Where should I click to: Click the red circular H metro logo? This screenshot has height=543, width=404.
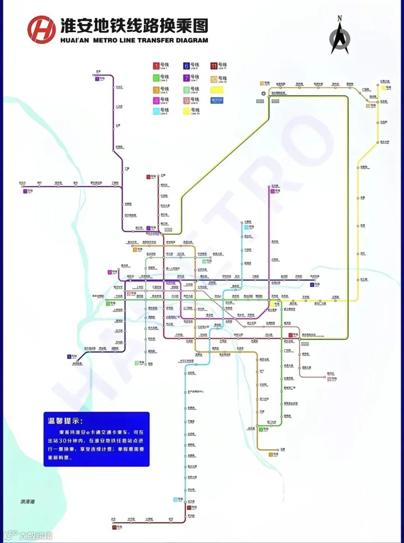click(x=41, y=30)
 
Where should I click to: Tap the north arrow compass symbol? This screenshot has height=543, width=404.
click(x=340, y=37)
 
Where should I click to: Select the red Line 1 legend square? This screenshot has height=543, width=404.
click(x=156, y=66)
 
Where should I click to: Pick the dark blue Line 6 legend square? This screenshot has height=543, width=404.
click(x=186, y=66)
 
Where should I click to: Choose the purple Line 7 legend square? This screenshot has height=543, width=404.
click(x=186, y=78)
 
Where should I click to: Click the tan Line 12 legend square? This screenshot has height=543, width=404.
click(x=214, y=79)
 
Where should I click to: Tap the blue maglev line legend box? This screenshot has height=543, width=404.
click(x=217, y=100)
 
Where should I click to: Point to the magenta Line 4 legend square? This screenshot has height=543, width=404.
click(x=156, y=101)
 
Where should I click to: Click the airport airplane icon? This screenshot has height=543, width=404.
click(x=264, y=93)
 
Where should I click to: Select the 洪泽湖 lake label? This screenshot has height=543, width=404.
click(x=27, y=501)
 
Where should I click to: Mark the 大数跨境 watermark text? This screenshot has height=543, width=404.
click(x=36, y=536)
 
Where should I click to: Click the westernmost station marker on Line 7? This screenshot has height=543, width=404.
click(x=23, y=186)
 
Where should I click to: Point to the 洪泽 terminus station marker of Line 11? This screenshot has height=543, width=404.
click(x=113, y=522)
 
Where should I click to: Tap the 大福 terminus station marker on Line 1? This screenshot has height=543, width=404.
click(x=158, y=175)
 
